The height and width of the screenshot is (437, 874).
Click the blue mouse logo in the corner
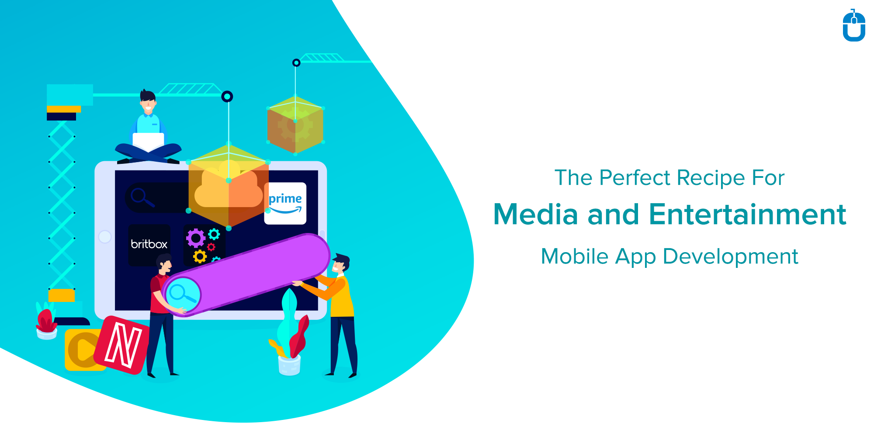854,27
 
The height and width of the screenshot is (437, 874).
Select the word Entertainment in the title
747,215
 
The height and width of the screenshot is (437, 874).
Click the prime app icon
285,203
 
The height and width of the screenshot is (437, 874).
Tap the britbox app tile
149,244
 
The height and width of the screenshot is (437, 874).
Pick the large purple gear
195,238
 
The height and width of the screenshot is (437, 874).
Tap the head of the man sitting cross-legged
148,102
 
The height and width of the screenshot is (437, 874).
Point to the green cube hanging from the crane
295,125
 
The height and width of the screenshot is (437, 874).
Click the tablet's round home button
105,237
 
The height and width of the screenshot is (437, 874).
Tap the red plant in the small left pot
45,322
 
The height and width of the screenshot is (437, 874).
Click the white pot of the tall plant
289,365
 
